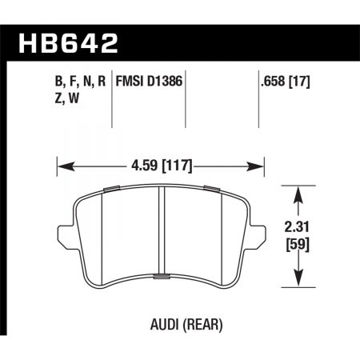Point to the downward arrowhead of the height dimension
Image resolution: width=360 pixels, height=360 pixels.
pyautogui.click(x=300, y=281)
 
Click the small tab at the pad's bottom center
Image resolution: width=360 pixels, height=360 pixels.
pyautogui.click(x=161, y=277)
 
